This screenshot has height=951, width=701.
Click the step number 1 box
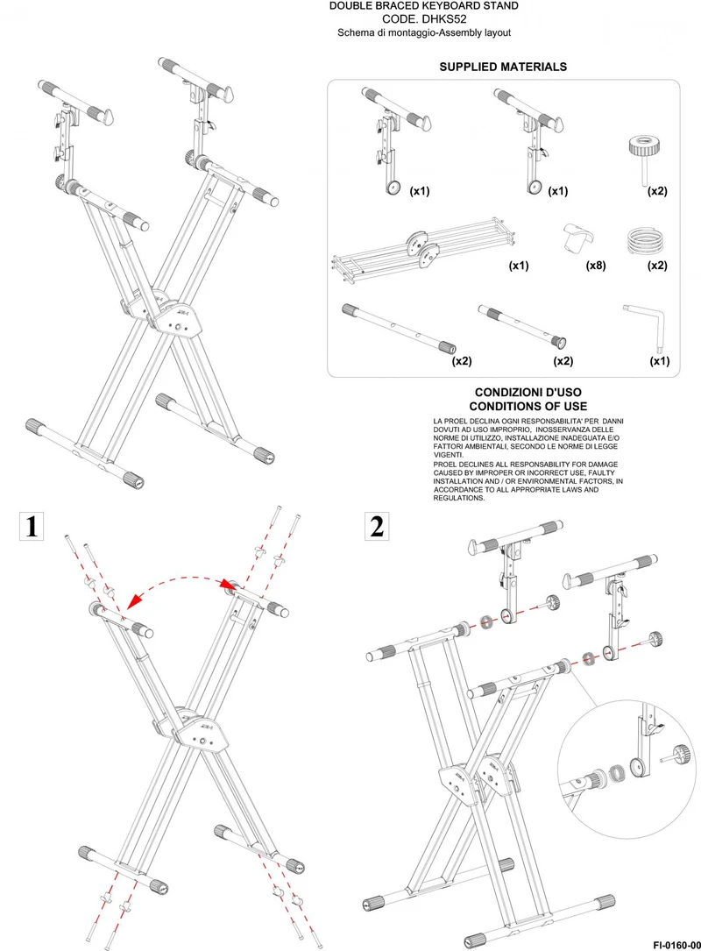point(32,526)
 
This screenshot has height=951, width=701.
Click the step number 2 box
point(377,526)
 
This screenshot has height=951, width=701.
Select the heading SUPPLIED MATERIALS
point(503,67)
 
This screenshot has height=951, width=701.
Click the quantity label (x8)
point(596,265)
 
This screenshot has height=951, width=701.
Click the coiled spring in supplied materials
point(645,241)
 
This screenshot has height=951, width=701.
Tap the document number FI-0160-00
point(676,945)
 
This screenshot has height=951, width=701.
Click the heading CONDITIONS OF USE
point(528,407)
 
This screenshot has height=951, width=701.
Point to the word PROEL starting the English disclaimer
point(444,464)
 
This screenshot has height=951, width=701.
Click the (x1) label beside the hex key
point(659,361)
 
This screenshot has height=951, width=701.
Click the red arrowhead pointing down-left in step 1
point(133,601)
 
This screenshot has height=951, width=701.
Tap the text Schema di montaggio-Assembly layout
point(424,32)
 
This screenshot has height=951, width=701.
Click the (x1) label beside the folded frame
point(519,265)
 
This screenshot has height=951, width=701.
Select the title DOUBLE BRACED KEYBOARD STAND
point(424,6)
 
